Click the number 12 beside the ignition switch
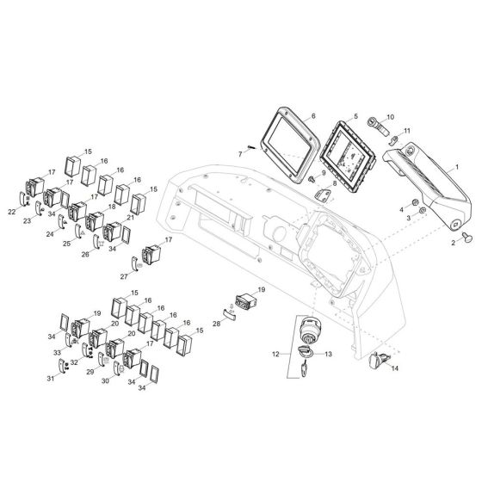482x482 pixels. [275, 354]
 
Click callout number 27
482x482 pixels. [124, 276]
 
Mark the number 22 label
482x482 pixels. [11, 211]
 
